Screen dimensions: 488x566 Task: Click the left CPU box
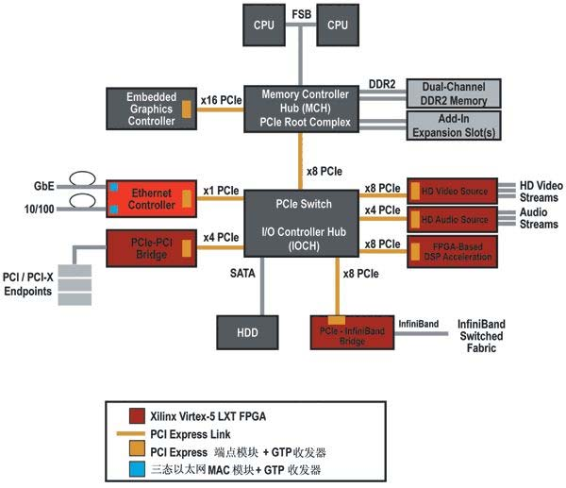tap(265, 25)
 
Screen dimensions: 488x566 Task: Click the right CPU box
tap(338, 25)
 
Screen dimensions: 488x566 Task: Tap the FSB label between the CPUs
tap(301, 15)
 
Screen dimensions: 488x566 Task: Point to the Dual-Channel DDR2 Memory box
tap(453, 93)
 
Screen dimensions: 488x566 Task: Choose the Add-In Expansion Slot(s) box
tap(453, 124)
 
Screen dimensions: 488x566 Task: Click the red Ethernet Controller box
tap(150, 198)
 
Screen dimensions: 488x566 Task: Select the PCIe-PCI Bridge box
tap(150, 249)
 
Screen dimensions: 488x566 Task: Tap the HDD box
tap(247, 333)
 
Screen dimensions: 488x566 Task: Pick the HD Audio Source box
tap(456, 220)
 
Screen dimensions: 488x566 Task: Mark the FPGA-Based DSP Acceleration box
tap(456, 251)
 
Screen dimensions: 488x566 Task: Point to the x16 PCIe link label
tap(222, 98)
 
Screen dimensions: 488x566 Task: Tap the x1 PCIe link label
tap(222, 190)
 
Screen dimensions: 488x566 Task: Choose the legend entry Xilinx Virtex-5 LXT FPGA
tap(208, 416)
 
